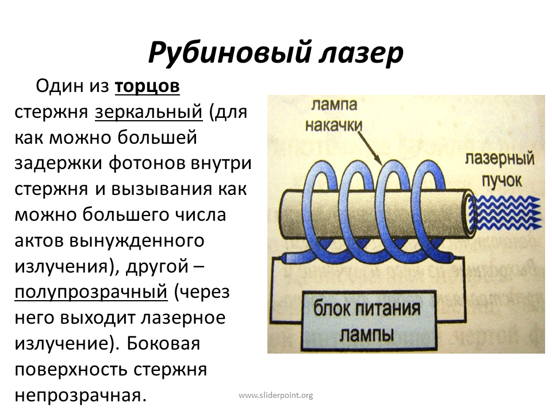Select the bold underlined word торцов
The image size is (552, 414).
pos(147,87)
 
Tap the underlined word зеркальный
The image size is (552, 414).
pos(149,112)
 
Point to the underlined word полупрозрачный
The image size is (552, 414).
pos(91,292)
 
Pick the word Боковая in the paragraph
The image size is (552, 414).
pos(163,344)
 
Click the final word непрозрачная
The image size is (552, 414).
pos(80,396)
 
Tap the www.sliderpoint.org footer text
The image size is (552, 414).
pos(275,396)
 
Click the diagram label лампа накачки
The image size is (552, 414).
pos(333,115)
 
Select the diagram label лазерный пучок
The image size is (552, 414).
pos(500,170)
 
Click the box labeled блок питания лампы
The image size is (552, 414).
pos(369,321)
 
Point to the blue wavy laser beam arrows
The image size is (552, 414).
pos(505,212)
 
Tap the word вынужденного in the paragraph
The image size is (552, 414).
pos(137,241)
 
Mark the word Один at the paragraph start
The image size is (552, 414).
pos(59,86)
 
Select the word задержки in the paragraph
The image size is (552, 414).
pos(59,164)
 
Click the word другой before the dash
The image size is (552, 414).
pos(157,267)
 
